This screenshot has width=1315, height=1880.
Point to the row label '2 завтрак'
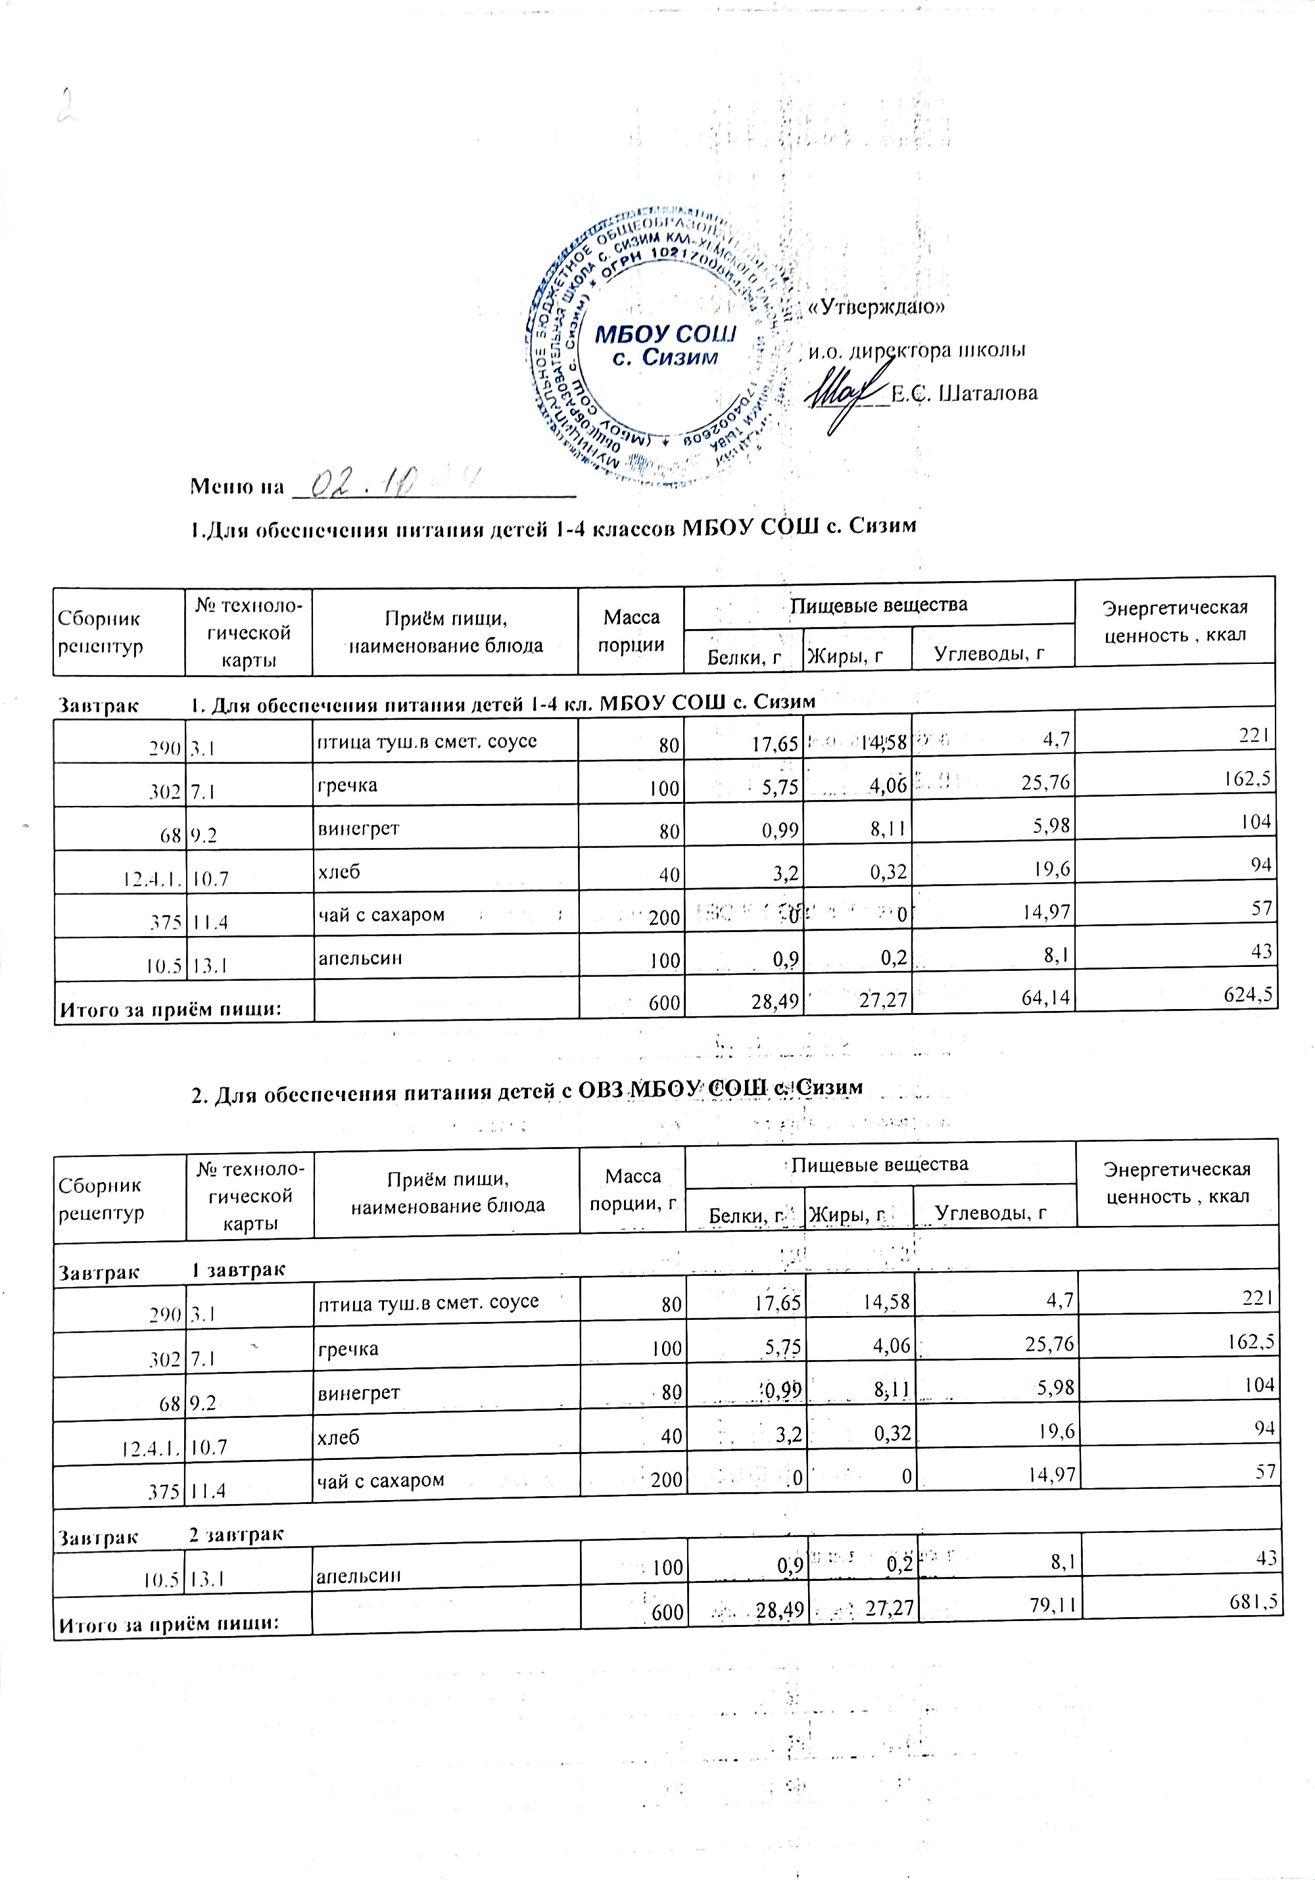237,1534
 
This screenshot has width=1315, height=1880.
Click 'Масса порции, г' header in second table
632,1189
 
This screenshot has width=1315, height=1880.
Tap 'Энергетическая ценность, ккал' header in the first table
1174,621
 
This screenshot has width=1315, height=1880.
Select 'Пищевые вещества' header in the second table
879,1163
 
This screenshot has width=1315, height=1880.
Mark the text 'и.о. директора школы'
917,350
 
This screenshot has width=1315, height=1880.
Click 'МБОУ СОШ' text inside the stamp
665,333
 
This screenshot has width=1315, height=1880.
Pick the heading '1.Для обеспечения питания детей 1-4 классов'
553,527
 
